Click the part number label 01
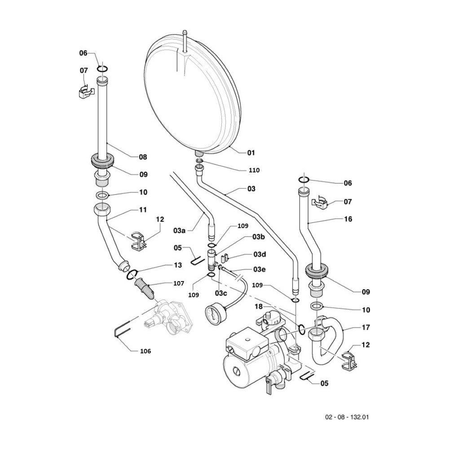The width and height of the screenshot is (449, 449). pyautogui.click(x=251, y=153)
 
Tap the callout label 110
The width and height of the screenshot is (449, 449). pyautogui.click(x=255, y=170)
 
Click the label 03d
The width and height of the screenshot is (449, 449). pyautogui.click(x=260, y=255)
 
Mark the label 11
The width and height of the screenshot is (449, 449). pyautogui.click(x=143, y=210)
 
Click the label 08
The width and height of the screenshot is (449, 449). pyautogui.click(x=142, y=157)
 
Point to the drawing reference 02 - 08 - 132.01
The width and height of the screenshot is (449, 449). pyautogui.click(x=346, y=417)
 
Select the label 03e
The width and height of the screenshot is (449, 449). pyautogui.click(x=260, y=269)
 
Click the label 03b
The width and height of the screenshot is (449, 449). pyautogui.click(x=258, y=237)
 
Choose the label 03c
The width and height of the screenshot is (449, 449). pyautogui.click(x=221, y=293)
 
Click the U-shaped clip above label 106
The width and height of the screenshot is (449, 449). pyautogui.click(x=121, y=331)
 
